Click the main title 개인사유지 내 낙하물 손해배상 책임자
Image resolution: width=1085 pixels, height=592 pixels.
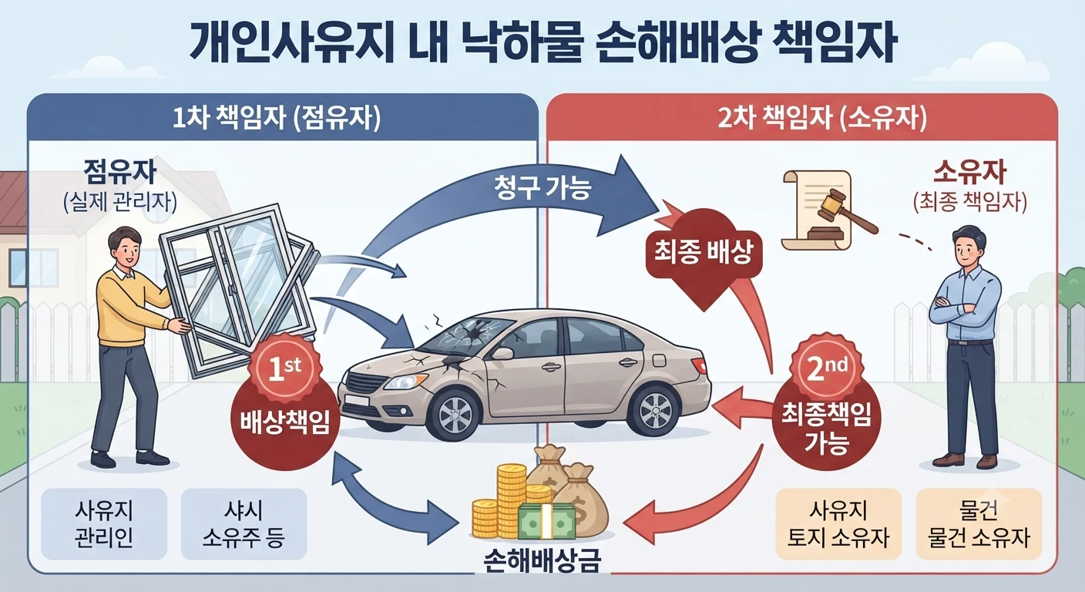[542, 45]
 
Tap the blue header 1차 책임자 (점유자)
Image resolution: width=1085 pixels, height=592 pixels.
[277, 118]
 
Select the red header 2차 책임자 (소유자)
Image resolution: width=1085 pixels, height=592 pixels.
[822, 118]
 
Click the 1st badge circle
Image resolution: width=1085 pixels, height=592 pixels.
[284, 369]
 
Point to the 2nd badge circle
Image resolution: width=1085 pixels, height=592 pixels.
[826, 369]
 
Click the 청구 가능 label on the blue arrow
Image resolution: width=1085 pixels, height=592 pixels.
[542, 187]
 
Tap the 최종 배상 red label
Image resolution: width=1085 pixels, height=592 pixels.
[704, 252]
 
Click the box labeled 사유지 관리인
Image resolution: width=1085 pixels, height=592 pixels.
[104, 523]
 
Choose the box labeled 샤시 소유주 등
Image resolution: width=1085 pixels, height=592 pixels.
[244, 523]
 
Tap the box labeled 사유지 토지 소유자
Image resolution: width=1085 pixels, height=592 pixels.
[838, 523]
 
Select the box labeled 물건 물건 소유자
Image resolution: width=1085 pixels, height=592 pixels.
[979, 523]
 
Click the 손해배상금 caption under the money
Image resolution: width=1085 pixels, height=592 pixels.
[542, 561]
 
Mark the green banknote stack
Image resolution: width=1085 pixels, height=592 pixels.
[546, 521]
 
